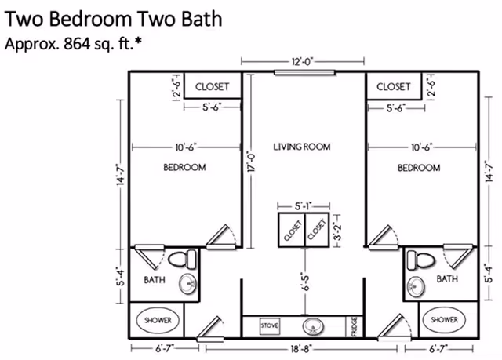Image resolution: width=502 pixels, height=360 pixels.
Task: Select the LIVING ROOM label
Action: [x=302, y=147]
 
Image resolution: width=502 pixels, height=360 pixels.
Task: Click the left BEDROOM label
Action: [x=184, y=167]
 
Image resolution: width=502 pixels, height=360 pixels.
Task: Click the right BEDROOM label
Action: [x=418, y=168]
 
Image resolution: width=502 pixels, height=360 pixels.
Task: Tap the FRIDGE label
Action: [x=355, y=323]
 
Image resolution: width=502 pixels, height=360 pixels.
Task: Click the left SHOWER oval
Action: [x=158, y=320]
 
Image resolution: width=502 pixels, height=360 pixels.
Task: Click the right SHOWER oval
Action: [x=444, y=320]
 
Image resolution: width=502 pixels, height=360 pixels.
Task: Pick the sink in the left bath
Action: [x=188, y=285]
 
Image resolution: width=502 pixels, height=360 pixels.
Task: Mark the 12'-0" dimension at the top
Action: [x=303, y=60]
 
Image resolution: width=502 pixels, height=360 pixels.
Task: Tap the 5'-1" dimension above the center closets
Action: [x=304, y=205]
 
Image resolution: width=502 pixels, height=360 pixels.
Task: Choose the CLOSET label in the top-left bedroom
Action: [x=211, y=86]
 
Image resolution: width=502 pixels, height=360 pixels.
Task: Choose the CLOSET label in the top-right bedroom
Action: [x=393, y=86]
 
